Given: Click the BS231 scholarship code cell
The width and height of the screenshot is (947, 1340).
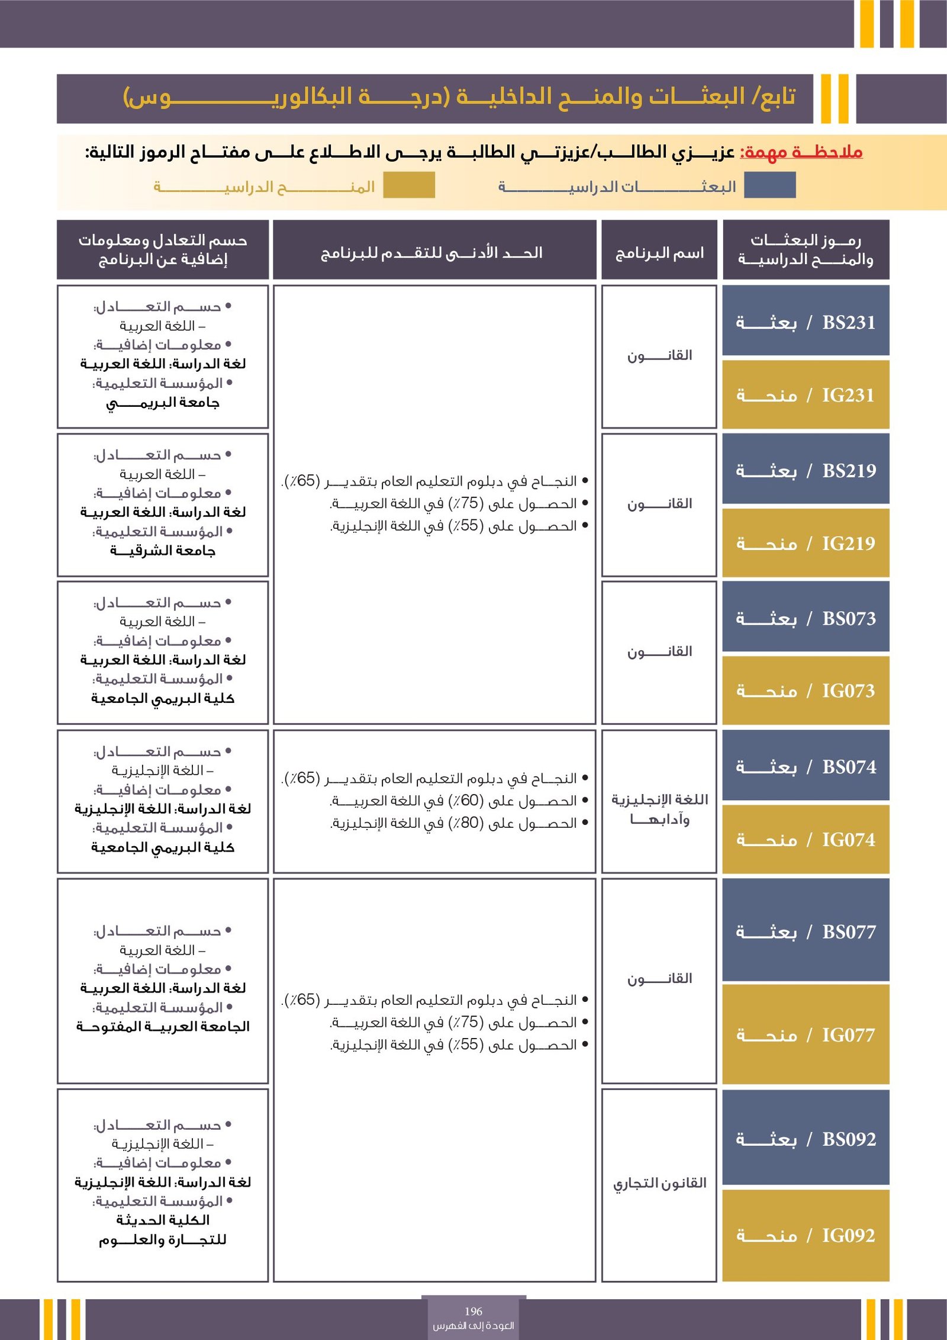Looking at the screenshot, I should [x=806, y=322].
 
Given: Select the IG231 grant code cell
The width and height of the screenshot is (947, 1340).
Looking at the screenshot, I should [x=806, y=395].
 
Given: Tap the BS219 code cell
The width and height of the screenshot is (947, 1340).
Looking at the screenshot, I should [x=806, y=471].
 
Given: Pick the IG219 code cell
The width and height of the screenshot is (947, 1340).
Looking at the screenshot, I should [x=806, y=543].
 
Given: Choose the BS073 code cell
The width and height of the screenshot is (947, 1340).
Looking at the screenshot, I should [x=806, y=619].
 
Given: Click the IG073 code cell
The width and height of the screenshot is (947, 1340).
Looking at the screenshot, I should [x=806, y=691].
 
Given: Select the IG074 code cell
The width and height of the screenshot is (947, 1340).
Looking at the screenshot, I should [x=806, y=840].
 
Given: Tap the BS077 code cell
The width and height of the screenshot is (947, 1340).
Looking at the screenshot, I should [x=806, y=932].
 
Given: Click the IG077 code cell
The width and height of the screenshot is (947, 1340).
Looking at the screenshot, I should [x=806, y=1035].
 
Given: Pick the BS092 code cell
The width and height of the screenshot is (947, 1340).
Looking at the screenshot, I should [x=806, y=1139].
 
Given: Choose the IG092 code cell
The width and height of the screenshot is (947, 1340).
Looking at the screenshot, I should [x=806, y=1236].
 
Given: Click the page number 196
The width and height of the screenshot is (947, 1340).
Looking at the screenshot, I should [x=474, y=1312].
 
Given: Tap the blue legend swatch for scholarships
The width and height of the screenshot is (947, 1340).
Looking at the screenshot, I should [x=769, y=185].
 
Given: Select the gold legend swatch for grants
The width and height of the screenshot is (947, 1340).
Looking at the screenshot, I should [x=409, y=185].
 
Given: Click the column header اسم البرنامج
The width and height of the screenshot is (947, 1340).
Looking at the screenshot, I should [x=659, y=253].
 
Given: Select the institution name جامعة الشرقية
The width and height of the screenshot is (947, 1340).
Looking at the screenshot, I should [x=163, y=551].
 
